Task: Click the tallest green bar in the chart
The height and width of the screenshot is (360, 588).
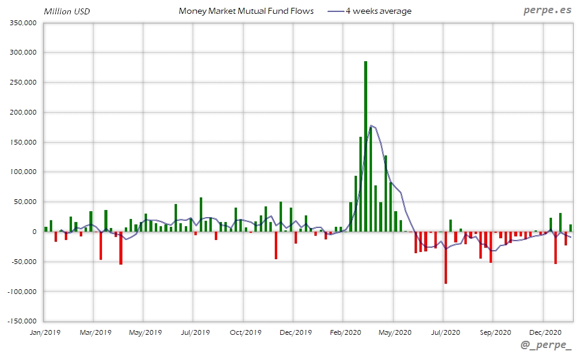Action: coord(365,146)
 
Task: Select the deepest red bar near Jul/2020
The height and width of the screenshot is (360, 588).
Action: coord(446,257)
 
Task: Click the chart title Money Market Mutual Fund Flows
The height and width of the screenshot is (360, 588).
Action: coord(246,11)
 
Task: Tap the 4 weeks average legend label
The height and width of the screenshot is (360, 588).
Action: coord(379,11)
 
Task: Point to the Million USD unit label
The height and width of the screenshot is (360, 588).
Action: coord(67,11)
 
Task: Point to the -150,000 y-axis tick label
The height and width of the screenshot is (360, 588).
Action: coord(22,321)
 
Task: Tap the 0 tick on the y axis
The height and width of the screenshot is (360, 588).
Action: coord(35,232)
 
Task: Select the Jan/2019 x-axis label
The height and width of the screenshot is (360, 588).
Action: coord(45,331)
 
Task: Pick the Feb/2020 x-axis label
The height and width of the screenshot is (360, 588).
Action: coord(343,331)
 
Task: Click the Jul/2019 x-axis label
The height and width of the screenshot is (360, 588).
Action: coord(194,331)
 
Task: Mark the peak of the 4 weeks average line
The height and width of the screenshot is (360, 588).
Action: coord(372,125)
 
